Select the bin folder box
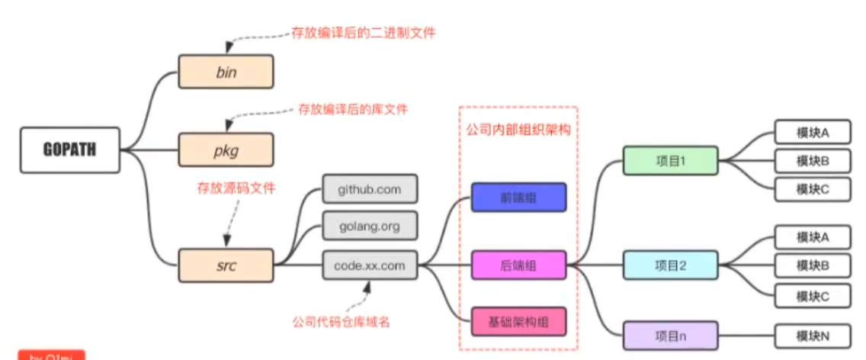click(x=226, y=72)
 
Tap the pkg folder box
click(x=226, y=149)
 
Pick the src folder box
click(x=226, y=265)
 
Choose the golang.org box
click(x=370, y=227)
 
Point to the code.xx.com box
click(x=370, y=265)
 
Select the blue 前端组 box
click(x=518, y=197)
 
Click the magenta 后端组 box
click(x=518, y=265)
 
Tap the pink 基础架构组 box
click(x=518, y=322)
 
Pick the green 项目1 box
click(x=671, y=161)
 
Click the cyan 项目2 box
click(x=671, y=265)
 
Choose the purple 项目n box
click(x=671, y=336)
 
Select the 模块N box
click(x=813, y=336)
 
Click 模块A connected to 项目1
click(x=813, y=133)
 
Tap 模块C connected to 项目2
click(x=813, y=295)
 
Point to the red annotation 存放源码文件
click(x=237, y=187)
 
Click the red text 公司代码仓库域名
click(x=342, y=321)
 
